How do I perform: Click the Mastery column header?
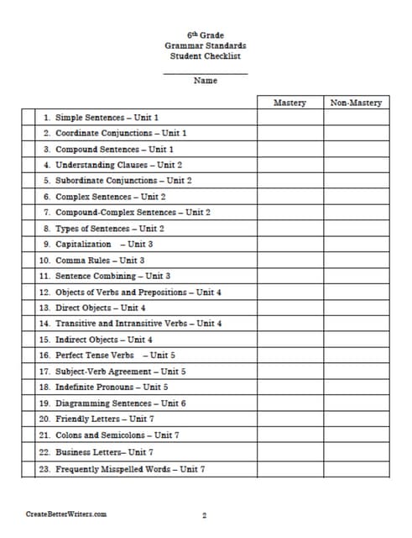289,103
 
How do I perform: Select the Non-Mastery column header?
356,103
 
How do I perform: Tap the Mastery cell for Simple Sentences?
289,118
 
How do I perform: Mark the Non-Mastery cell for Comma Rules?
356,261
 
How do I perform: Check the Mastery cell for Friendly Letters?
289,419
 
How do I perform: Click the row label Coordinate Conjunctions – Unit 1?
115,133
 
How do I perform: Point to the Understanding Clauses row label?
112,165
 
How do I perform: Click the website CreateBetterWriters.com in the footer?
66,514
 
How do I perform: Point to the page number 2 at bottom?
204,514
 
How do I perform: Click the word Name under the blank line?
206,81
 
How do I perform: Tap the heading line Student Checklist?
206,56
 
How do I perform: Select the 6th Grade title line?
206,34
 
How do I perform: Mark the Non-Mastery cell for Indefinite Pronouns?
356,387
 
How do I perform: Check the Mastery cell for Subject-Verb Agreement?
289,371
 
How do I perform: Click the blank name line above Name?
206,73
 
